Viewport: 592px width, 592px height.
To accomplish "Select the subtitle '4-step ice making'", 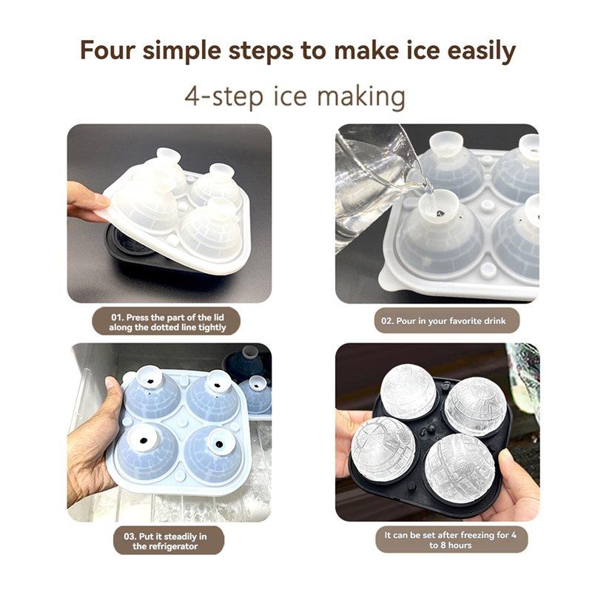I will click(295, 97).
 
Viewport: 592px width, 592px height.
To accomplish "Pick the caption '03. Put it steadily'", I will click(167, 541).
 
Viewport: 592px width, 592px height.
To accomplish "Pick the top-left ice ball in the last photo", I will click(408, 390).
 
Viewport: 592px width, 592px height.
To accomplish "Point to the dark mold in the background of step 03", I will click(248, 363).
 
